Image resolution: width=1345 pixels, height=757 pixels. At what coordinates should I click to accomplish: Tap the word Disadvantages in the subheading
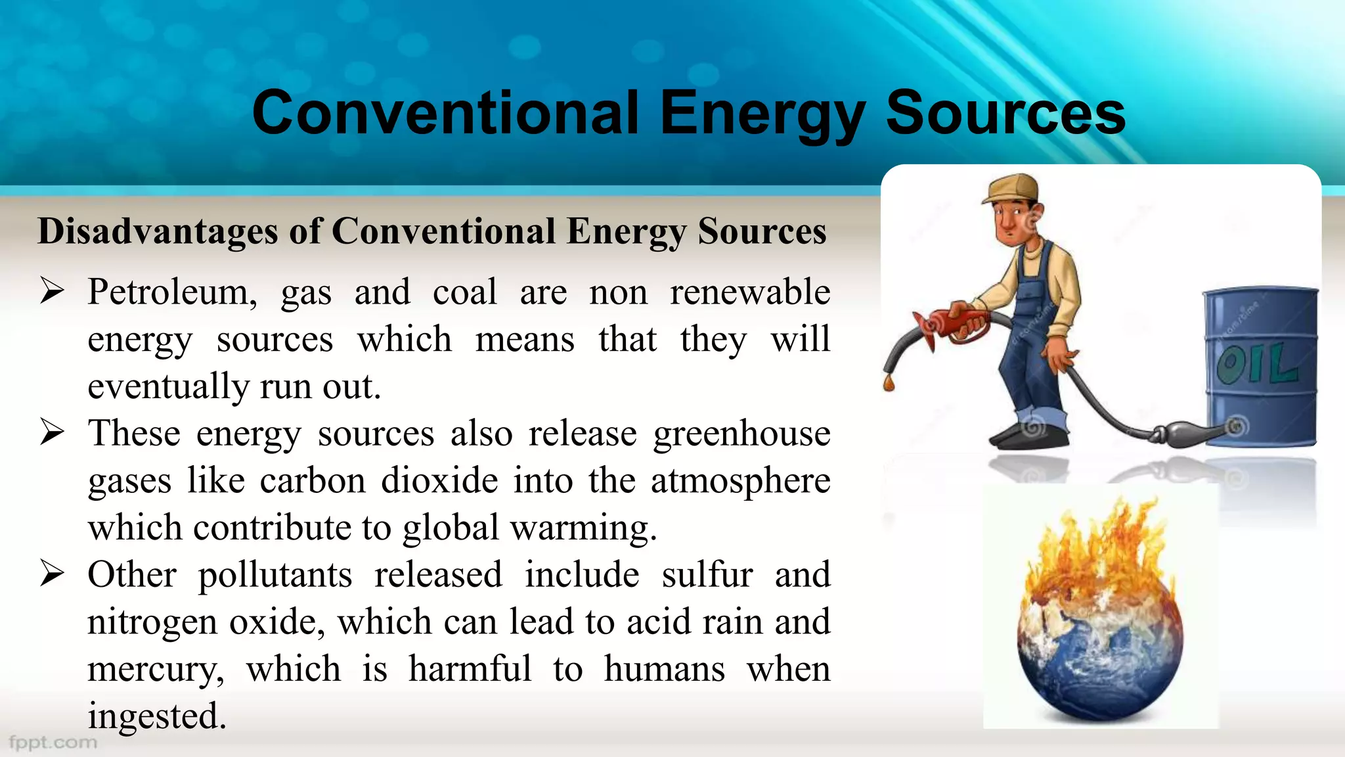click(158, 231)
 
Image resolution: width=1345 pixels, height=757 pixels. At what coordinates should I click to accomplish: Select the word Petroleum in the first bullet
click(172, 292)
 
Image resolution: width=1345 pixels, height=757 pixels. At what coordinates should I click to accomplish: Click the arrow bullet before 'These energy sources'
click(52, 432)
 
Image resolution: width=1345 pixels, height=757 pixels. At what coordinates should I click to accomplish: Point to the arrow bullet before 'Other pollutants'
click(52, 574)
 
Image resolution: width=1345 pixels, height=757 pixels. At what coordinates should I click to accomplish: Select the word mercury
click(156, 670)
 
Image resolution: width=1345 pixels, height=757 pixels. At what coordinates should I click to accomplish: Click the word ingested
click(156, 716)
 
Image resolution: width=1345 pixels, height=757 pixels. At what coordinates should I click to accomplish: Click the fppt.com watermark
click(53, 743)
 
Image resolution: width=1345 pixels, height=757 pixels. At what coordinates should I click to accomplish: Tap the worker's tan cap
click(1012, 188)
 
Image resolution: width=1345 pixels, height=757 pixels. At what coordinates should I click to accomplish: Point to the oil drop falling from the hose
click(889, 383)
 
